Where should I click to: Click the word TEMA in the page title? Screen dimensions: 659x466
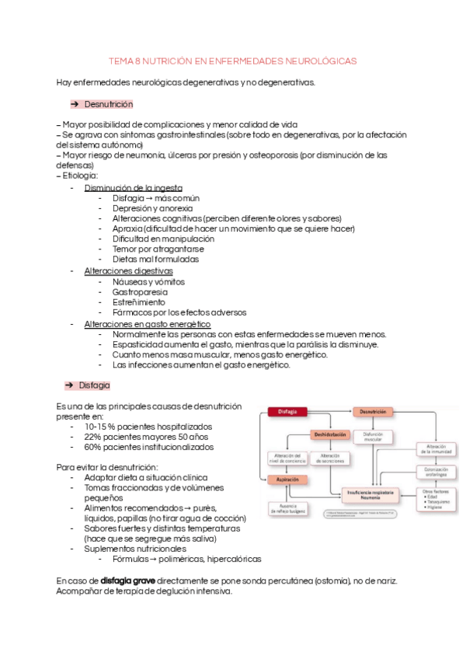(x=120, y=60)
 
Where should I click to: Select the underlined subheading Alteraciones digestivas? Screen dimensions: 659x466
(x=128, y=270)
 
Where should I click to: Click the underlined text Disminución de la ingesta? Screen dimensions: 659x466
(x=133, y=187)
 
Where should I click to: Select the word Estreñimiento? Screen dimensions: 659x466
(x=138, y=302)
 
